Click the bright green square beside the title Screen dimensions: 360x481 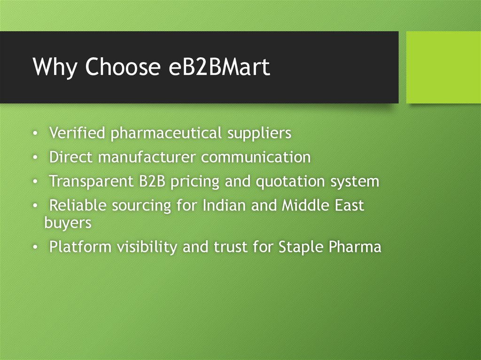click(x=443, y=67)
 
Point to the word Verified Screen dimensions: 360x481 click(x=78, y=134)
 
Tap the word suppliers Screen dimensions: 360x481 click(x=259, y=134)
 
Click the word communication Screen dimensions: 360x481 click(x=256, y=157)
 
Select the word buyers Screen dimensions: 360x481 click(x=68, y=222)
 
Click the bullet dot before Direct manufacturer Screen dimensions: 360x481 click(x=35, y=158)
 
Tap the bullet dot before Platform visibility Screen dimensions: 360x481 click(x=35, y=247)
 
